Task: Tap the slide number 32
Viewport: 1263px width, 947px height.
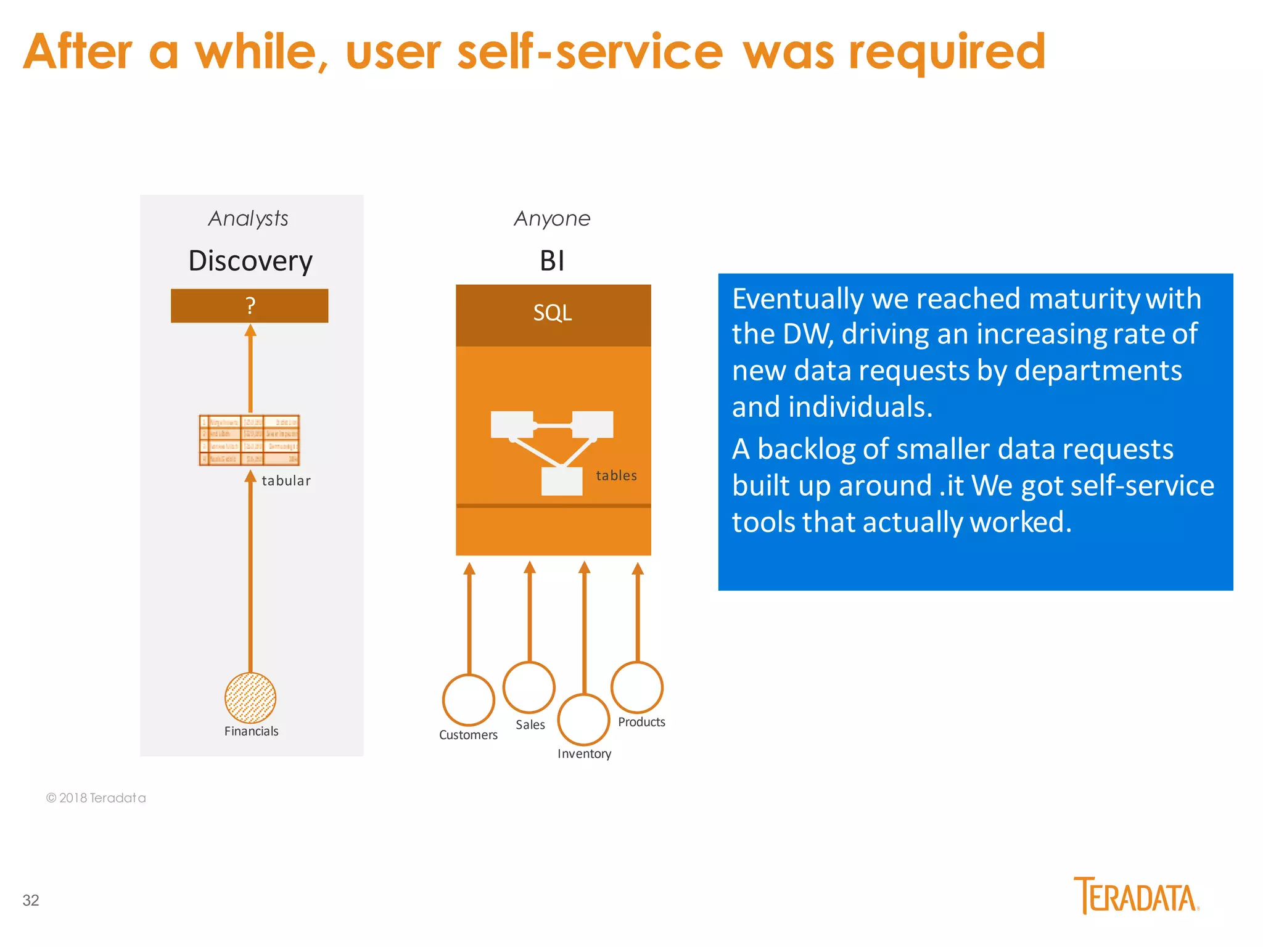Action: [x=31, y=900]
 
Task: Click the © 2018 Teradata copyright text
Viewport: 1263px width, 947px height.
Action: [x=96, y=798]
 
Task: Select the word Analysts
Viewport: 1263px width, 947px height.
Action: [x=248, y=218]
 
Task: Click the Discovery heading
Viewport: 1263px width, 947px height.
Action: [x=250, y=261]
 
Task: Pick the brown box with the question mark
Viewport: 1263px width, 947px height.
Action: [x=249, y=306]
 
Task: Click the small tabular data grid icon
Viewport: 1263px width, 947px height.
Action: [x=249, y=440]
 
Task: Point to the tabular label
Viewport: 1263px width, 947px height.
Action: [x=286, y=481]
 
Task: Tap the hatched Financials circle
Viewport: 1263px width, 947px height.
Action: [x=250, y=697]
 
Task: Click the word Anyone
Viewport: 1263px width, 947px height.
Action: [x=552, y=218]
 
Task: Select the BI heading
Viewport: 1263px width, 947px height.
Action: [x=552, y=261]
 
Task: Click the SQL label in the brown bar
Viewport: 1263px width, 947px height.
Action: [x=553, y=313]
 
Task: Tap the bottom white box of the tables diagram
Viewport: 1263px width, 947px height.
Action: [x=561, y=482]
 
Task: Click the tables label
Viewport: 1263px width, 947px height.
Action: [x=616, y=475]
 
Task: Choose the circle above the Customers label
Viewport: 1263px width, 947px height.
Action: [x=469, y=700]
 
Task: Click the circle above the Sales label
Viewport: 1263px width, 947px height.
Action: [x=529, y=687]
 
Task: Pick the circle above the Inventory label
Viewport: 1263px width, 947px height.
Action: [x=583, y=719]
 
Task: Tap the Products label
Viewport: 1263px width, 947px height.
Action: [x=641, y=722]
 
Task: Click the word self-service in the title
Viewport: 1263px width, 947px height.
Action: [x=590, y=52]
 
